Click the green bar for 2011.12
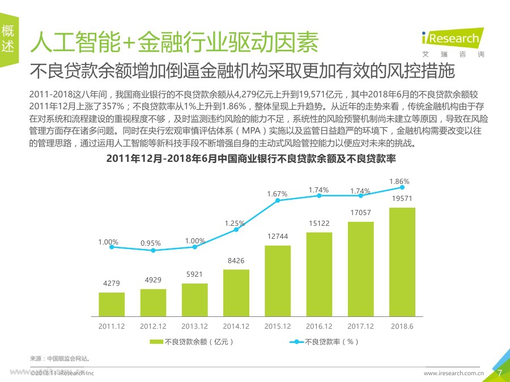(112, 304)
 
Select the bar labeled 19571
(402, 261)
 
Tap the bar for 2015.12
(278, 281)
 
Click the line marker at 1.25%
(236, 229)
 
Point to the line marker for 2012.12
(153, 250)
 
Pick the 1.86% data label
(399, 181)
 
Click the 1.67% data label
(277, 194)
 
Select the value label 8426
(236, 261)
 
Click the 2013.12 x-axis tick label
(194, 327)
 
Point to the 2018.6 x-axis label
(402, 327)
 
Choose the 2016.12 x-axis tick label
(319, 327)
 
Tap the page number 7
(500, 373)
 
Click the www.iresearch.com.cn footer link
(453, 374)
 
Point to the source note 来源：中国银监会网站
(60, 358)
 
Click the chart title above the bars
(250, 159)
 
